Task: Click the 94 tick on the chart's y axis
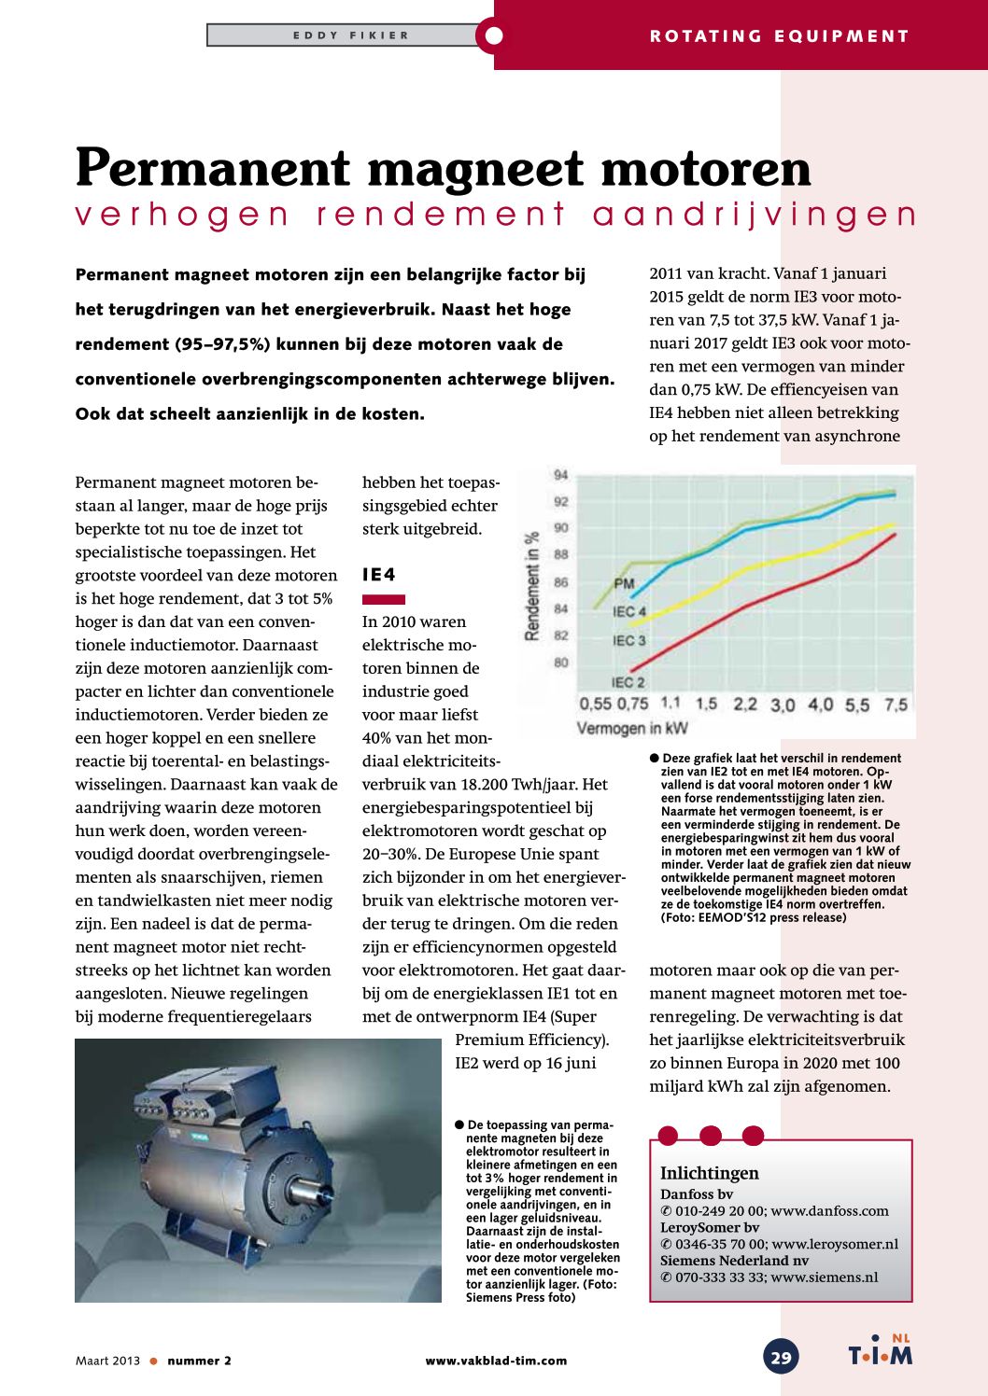pyautogui.click(x=560, y=475)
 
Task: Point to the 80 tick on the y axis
pyautogui.click(x=560, y=663)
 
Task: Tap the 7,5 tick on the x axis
pyautogui.click(x=896, y=705)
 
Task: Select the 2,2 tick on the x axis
pyautogui.click(x=744, y=705)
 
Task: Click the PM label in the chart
pyautogui.click(x=624, y=584)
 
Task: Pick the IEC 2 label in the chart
pyautogui.click(x=628, y=682)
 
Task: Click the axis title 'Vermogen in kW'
pyautogui.click(x=632, y=728)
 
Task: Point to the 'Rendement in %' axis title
pyautogui.click(x=532, y=586)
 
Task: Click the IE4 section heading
pyautogui.click(x=379, y=575)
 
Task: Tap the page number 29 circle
pyautogui.click(x=782, y=1358)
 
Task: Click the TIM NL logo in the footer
pyautogui.click(x=880, y=1353)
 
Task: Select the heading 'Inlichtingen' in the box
pyautogui.click(x=710, y=1173)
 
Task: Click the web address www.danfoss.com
pyautogui.click(x=829, y=1210)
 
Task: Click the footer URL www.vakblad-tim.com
pyautogui.click(x=496, y=1361)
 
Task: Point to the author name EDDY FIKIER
pyautogui.click(x=351, y=35)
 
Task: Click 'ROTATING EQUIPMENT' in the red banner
pyautogui.click(x=779, y=36)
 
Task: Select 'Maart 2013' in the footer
pyautogui.click(x=107, y=1361)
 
